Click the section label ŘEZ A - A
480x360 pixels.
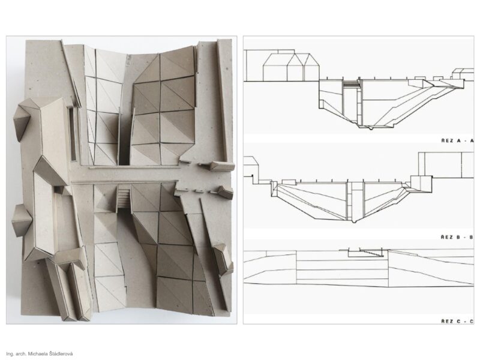(x=457, y=140)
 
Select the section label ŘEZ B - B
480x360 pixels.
(x=457, y=237)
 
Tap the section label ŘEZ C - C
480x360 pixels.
(x=457, y=321)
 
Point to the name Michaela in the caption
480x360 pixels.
(x=37, y=354)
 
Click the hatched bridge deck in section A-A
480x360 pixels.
(x=350, y=84)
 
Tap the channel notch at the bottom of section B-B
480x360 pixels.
(x=355, y=221)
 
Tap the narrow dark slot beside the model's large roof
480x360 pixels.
(x=73, y=133)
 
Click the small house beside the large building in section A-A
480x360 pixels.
(x=458, y=74)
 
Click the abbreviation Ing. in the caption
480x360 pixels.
(x=10, y=354)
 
